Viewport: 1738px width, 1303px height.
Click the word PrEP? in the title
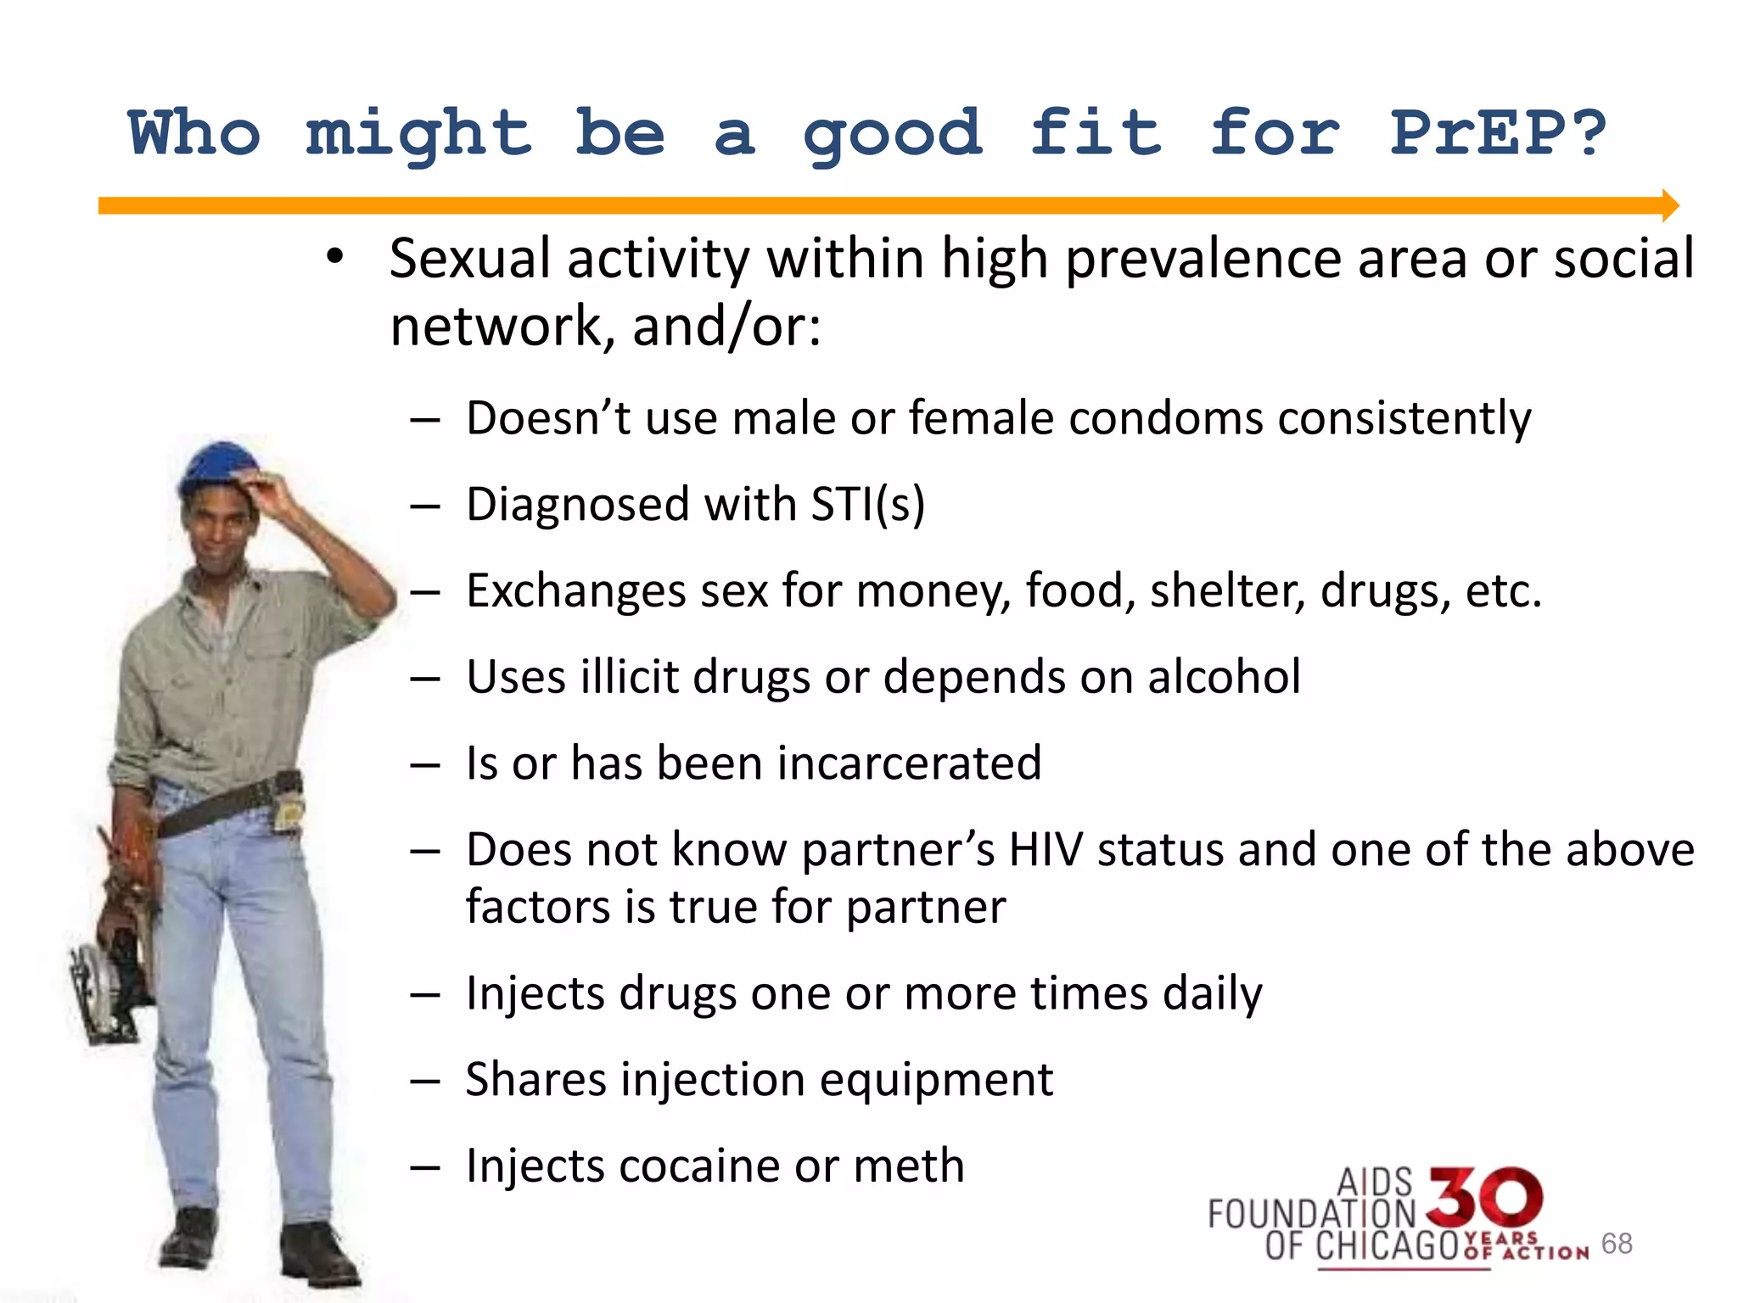click(1498, 134)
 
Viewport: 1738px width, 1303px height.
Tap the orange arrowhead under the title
click(1670, 205)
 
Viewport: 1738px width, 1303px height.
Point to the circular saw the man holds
click(106, 988)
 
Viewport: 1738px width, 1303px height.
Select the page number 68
click(1617, 1243)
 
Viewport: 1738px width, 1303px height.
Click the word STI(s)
click(867, 505)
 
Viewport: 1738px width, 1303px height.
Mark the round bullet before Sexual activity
click(335, 256)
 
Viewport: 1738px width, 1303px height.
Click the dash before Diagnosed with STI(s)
click(424, 506)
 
